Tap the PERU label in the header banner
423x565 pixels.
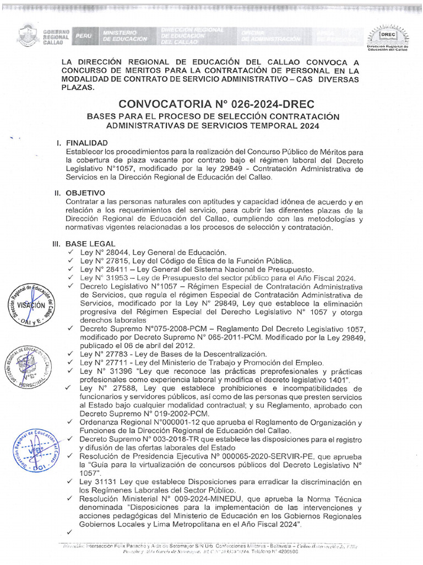[x=84, y=36]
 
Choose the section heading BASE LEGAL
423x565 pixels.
[x=90, y=243]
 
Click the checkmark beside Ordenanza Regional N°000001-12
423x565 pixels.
[x=69, y=423]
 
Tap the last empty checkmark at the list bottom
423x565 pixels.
[x=69, y=532]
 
